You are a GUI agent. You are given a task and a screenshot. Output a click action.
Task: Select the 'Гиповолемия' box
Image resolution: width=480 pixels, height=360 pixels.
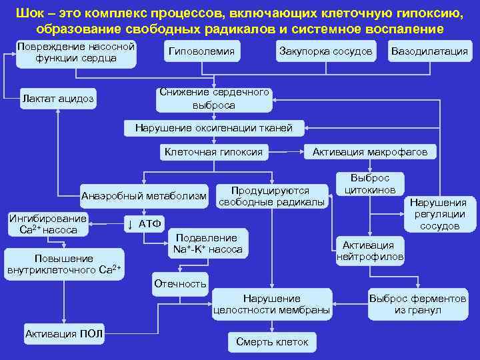click(x=201, y=52)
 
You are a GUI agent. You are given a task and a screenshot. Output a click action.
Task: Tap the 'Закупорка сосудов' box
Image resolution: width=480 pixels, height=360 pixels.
click(x=325, y=52)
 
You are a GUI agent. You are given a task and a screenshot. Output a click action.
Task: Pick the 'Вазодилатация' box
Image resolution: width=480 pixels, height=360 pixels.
click(x=429, y=52)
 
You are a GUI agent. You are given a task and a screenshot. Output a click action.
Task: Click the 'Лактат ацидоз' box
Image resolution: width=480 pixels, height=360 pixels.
click(x=59, y=99)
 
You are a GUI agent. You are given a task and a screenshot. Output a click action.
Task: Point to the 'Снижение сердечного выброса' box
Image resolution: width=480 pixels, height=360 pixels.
click(x=213, y=99)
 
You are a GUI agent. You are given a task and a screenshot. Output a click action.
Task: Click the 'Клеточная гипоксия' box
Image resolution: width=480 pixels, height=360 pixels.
click(x=213, y=152)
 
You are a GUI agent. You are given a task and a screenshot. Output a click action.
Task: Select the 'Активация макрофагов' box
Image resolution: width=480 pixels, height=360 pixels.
click(x=369, y=152)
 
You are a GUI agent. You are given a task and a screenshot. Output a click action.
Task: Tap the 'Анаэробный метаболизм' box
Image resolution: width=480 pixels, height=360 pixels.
click(x=143, y=195)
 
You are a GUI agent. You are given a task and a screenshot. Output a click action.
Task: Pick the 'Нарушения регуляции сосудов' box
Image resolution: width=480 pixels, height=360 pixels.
click(x=438, y=213)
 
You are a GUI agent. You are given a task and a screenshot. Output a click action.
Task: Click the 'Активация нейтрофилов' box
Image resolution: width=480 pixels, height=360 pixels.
click(x=369, y=249)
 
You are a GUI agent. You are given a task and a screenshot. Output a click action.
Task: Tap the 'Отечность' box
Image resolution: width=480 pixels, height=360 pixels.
click(x=180, y=283)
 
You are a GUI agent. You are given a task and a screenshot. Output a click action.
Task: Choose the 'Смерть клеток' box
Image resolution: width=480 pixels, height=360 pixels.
click(x=272, y=341)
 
